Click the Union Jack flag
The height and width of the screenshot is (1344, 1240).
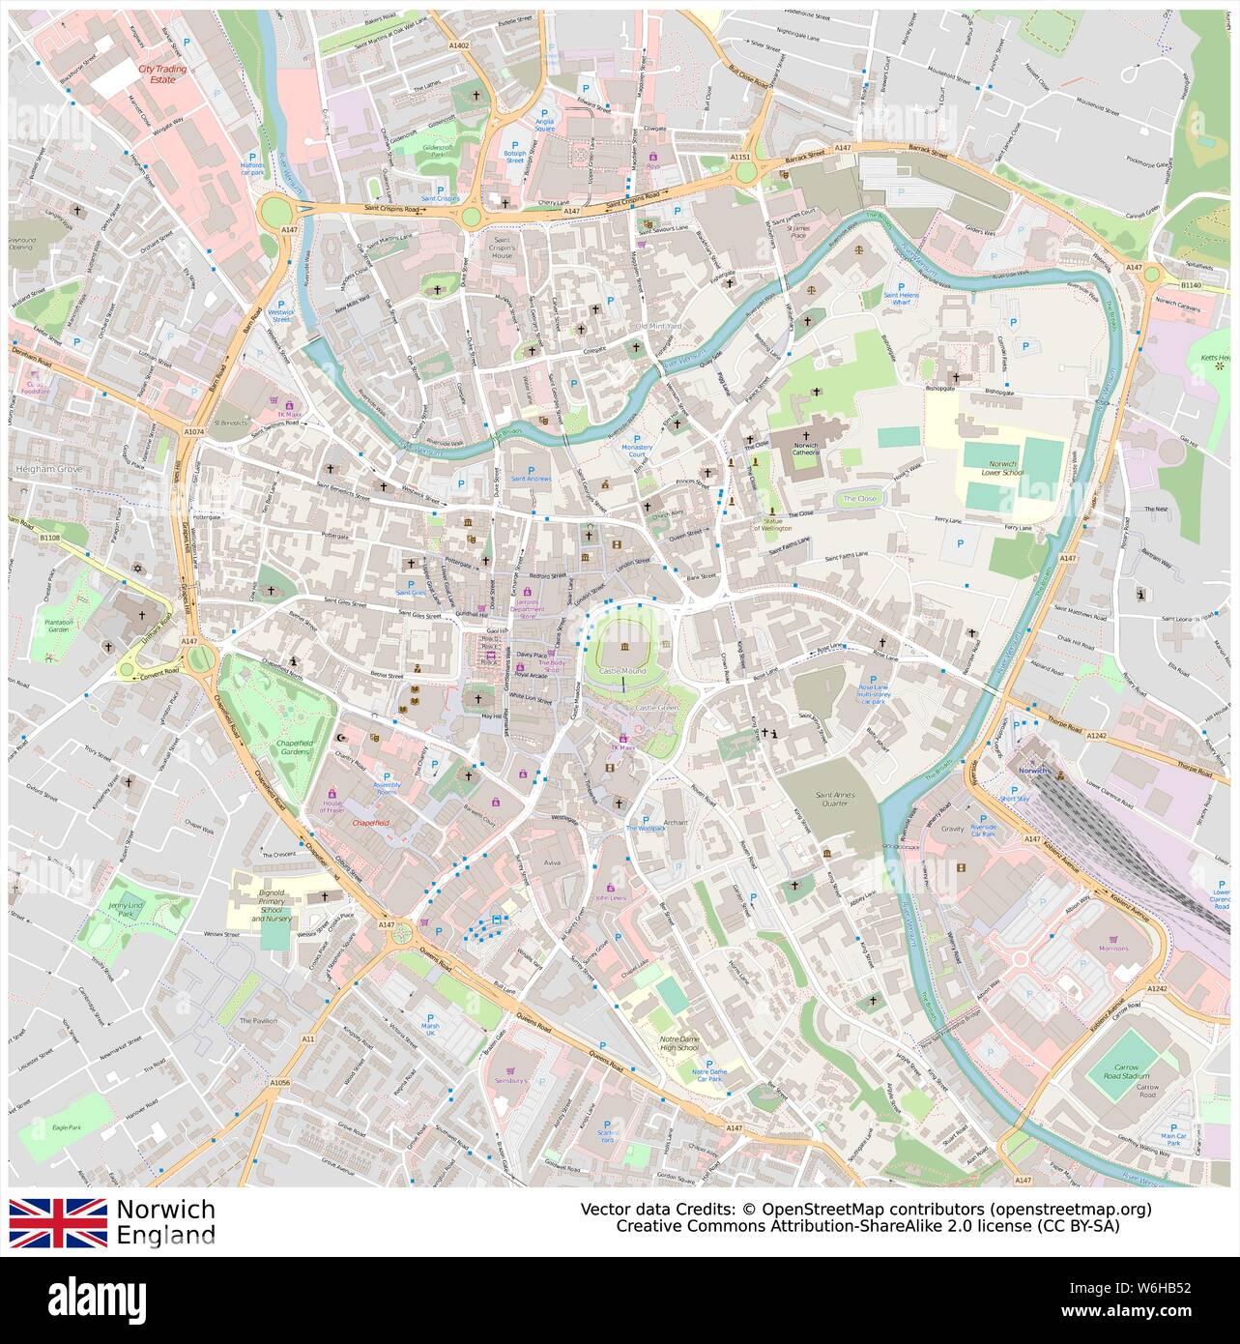click(58, 1222)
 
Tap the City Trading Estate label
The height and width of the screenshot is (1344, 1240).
click(161, 74)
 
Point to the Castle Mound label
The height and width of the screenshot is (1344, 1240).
click(621, 670)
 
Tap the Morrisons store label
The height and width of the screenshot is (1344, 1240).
click(1112, 948)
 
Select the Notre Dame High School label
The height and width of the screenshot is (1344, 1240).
click(678, 1042)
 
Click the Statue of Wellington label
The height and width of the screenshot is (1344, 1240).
click(772, 524)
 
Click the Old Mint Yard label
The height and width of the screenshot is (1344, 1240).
click(657, 327)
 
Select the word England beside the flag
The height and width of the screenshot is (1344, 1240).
click(165, 1235)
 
